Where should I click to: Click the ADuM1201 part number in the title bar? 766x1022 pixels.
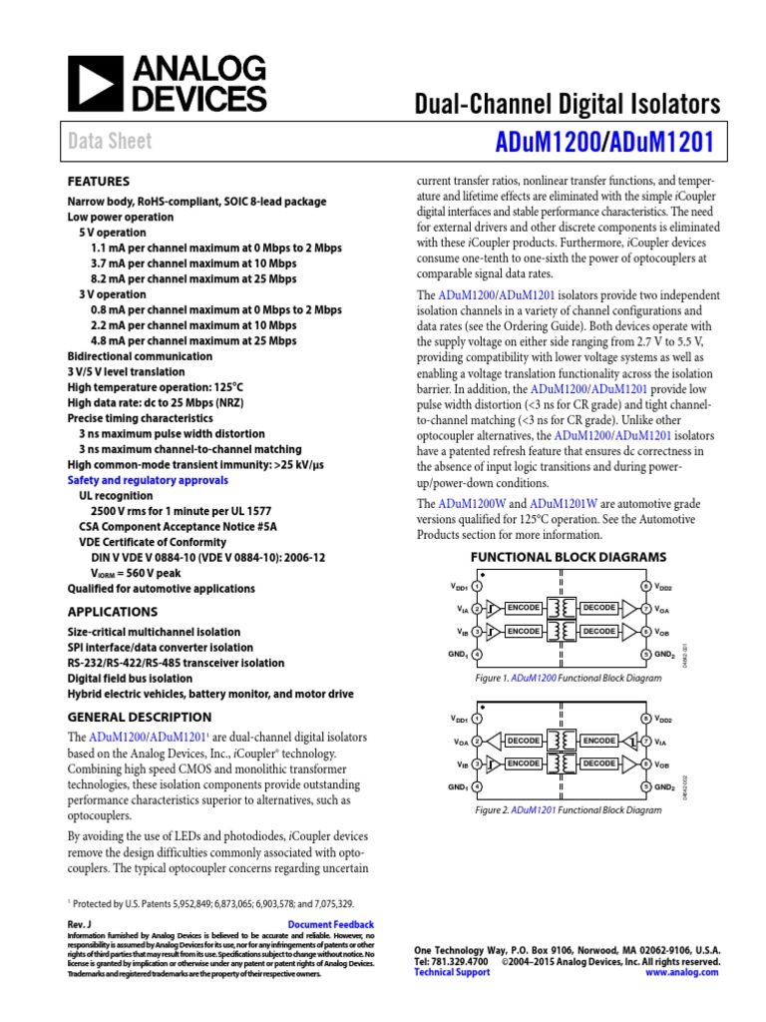[x=665, y=142]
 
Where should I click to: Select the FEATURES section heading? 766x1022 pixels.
[x=98, y=182]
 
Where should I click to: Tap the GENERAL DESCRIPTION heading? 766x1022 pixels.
[x=139, y=717]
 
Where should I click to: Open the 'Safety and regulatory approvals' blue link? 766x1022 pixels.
[x=148, y=480]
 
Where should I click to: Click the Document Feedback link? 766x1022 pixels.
[x=330, y=925]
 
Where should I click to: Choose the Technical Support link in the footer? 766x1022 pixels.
[x=452, y=972]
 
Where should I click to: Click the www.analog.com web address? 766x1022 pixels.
[x=682, y=972]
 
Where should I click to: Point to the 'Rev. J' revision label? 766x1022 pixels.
[x=79, y=925]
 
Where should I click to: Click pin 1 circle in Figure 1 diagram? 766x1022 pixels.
[x=478, y=586]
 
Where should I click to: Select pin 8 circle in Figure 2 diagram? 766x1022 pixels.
[x=645, y=719]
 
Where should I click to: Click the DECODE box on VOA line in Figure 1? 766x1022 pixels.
[x=599, y=608]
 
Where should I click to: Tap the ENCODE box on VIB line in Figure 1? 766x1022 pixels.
[x=524, y=631]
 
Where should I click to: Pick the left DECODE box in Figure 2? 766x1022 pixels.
[x=524, y=741]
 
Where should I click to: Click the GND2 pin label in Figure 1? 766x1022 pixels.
[x=664, y=655]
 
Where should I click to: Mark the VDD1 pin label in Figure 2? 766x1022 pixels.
[x=459, y=719]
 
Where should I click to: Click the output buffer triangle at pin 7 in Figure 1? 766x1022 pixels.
[x=628, y=608]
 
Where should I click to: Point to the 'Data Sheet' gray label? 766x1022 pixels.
[x=110, y=142]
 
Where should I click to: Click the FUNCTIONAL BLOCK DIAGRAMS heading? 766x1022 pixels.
[x=568, y=557]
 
